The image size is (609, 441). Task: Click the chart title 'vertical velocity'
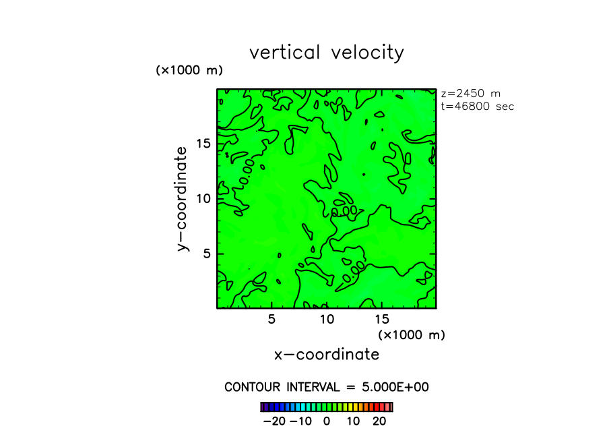click(x=327, y=53)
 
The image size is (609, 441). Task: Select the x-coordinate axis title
click(x=327, y=355)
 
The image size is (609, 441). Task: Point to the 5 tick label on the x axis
click(x=271, y=320)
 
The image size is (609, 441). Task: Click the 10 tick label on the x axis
click(x=327, y=320)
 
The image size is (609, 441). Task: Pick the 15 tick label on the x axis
click(x=381, y=320)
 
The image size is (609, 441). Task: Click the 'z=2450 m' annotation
click(x=470, y=94)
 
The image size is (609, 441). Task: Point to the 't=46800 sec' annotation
click(x=477, y=107)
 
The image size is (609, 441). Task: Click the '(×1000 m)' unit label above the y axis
click(x=189, y=70)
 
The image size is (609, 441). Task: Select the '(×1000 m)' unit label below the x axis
click(x=412, y=334)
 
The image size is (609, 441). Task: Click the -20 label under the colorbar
click(x=274, y=421)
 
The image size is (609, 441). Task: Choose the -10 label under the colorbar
click(x=300, y=421)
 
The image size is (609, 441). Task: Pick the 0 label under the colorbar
click(x=327, y=421)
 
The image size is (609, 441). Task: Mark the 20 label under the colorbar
click(x=379, y=421)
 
